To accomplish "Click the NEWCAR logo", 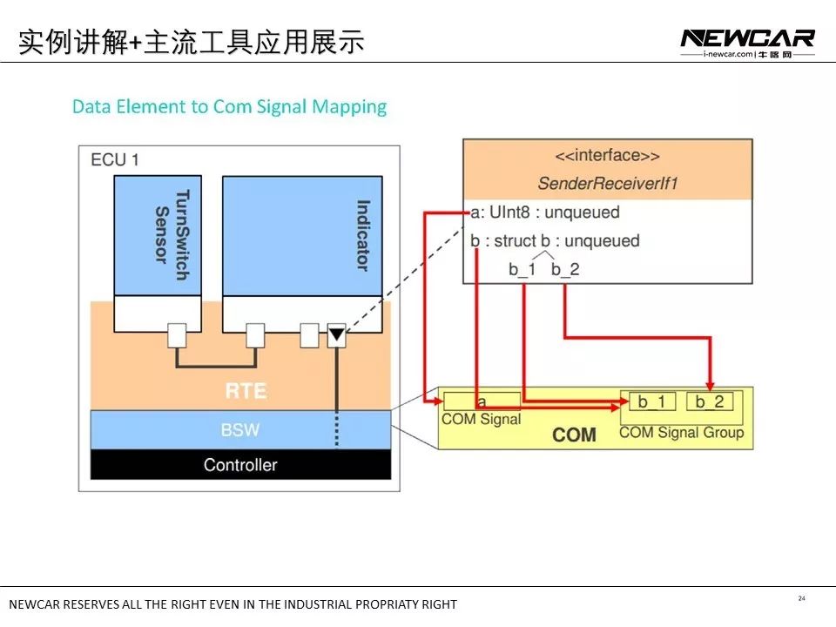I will click(x=747, y=38).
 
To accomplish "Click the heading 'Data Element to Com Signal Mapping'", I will click(x=229, y=107).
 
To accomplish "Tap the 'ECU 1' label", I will click(x=115, y=160).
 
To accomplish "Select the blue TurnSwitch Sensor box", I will click(x=158, y=235).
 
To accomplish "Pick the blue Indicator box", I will click(x=307, y=235).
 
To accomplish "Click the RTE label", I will click(x=245, y=391).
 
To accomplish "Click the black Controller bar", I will click(x=240, y=465).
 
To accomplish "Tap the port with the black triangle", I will click(x=336, y=335).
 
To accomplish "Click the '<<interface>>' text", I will click(x=607, y=156).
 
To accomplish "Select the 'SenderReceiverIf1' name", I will click(x=607, y=183).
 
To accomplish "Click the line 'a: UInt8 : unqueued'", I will click(x=544, y=212).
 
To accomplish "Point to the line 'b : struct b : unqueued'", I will click(x=555, y=241).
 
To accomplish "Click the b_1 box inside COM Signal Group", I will click(x=651, y=401).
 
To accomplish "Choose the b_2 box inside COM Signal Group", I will click(x=709, y=401).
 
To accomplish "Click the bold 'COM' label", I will click(x=574, y=435).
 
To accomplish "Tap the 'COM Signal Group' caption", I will click(x=681, y=432).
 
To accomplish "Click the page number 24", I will click(x=801, y=598).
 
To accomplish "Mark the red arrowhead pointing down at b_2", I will click(x=710, y=385).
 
